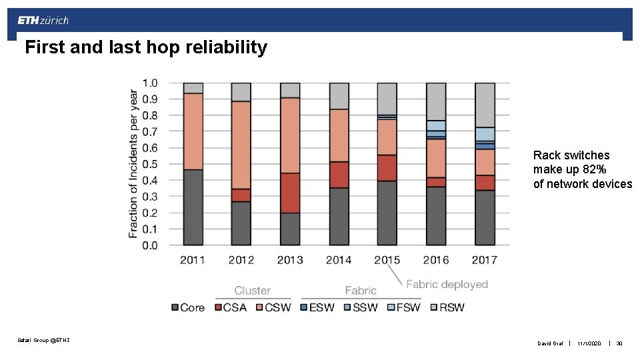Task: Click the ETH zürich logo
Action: point(43,20)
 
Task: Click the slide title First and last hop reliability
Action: point(145,48)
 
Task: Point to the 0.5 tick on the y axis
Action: point(151,164)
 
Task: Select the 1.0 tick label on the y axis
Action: point(151,83)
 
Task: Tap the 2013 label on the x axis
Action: point(289,260)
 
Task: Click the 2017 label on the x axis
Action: point(485,260)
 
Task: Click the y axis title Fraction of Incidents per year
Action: point(133,163)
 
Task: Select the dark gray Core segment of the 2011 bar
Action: point(193,207)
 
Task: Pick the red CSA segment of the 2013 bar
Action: point(290,193)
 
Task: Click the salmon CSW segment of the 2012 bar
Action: point(241,145)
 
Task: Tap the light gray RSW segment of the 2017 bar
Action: point(485,105)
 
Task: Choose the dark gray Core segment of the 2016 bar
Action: point(436,216)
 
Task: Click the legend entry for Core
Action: point(188,307)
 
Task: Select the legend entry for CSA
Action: point(230,307)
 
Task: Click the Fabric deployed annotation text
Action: point(447,284)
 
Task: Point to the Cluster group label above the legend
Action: point(252,291)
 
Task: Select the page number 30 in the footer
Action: point(619,343)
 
